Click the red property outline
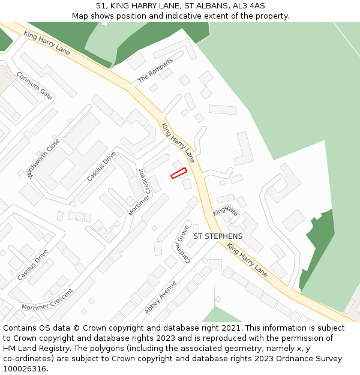point(179,173)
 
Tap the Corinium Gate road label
point(34,85)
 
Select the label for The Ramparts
point(155,70)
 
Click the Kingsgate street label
point(226,210)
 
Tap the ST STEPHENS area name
point(218,236)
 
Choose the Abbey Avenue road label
point(160,297)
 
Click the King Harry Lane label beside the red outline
point(178,143)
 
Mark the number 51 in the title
point(101,6)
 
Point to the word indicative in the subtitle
point(184,16)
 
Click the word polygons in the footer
point(106,349)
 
